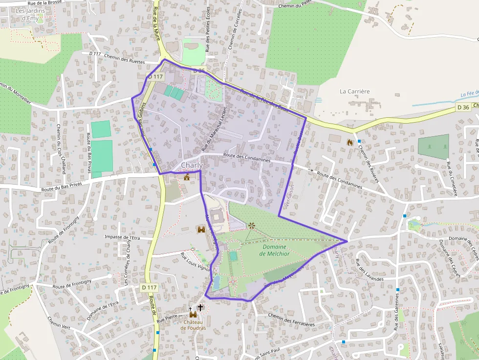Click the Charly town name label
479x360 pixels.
pos(192,166)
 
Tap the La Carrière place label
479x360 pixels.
pos(354,91)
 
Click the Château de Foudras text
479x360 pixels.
pos(193,325)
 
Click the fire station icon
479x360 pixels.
pos(349,142)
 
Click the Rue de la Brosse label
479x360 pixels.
pos(51,3)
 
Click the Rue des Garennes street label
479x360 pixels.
pos(396,315)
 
